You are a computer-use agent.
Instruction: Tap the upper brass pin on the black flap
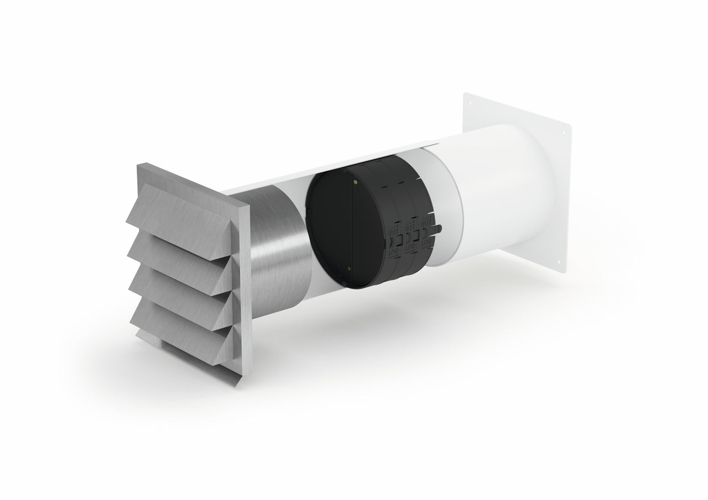pyautogui.click(x=353, y=179)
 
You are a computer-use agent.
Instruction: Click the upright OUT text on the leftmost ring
pyautogui.click(x=393, y=233)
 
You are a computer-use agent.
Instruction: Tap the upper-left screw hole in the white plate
pyautogui.click(x=466, y=103)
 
